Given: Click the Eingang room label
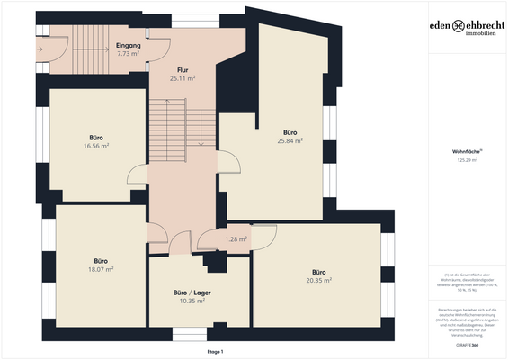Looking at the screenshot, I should [x=129, y=44].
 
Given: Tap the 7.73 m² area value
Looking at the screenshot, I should [x=129, y=53].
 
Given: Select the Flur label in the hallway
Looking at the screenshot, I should [x=182, y=69].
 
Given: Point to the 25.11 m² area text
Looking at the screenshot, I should [x=182, y=78].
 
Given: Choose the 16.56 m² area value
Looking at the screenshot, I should [x=96, y=146].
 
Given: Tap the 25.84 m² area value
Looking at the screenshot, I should [x=290, y=140].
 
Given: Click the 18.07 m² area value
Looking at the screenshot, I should [x=100, y=269].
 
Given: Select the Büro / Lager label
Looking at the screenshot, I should [x=192, y=292].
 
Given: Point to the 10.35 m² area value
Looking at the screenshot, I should [x=192, y=301].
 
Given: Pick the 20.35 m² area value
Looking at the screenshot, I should [x=318, y=280].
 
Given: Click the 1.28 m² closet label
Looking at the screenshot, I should [x=236, y=239].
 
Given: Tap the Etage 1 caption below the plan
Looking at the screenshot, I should [x=215, y=351].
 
